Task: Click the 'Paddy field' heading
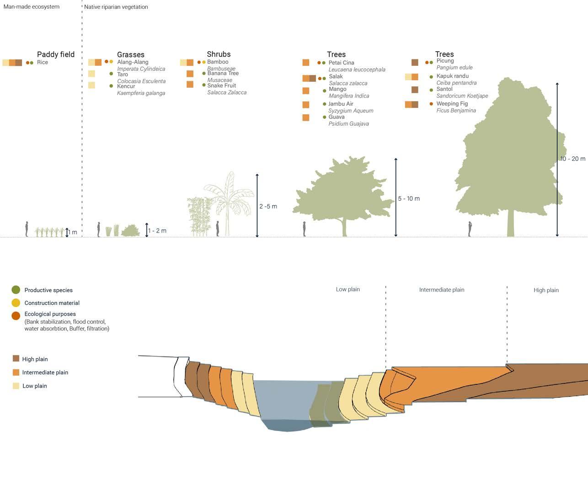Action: [x=56, y=54]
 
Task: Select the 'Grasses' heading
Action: [x=131, y=55]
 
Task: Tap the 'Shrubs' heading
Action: [x=219, y=54]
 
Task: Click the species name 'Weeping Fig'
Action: [x=452, y=104]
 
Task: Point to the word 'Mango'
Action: [x=337, y=89]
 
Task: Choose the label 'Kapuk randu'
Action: [x=452, y=76]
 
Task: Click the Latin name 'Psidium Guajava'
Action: [x=348, y=124]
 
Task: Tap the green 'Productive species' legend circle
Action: [x=16, y=290]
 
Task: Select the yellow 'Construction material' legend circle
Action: [x=16, y=303]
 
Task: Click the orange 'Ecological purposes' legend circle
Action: [x=16, y=316]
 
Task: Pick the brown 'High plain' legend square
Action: [x=16, y=359]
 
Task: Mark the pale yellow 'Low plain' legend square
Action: [x=16, y=386]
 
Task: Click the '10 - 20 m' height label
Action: [x=572, y=159]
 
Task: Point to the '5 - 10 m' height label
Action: [x=409, y=199]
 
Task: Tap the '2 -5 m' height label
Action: [x=268, y=207]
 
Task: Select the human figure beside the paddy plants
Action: [x=27, y=229]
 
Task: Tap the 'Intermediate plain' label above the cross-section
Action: [x=442, y=290]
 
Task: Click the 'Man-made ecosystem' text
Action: [x=31, y=7]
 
